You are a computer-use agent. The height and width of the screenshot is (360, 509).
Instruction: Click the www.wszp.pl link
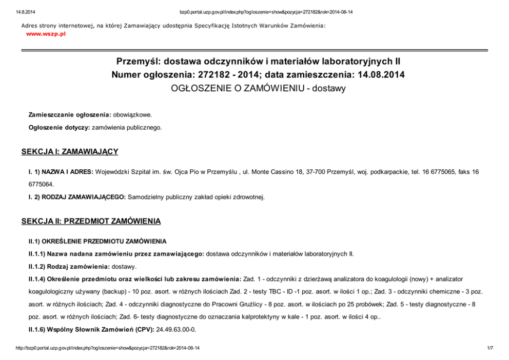(46, 34)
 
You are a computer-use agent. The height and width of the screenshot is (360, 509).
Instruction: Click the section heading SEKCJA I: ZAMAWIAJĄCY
(70, 151)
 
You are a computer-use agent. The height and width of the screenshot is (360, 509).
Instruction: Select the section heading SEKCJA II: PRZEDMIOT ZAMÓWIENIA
(91, 221)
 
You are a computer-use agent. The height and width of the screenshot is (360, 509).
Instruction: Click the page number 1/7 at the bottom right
(490, 348)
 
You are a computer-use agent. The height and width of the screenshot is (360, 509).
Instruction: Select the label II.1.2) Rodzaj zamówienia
(68, 266)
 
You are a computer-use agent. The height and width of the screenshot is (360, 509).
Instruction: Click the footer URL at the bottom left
(108, 348)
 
